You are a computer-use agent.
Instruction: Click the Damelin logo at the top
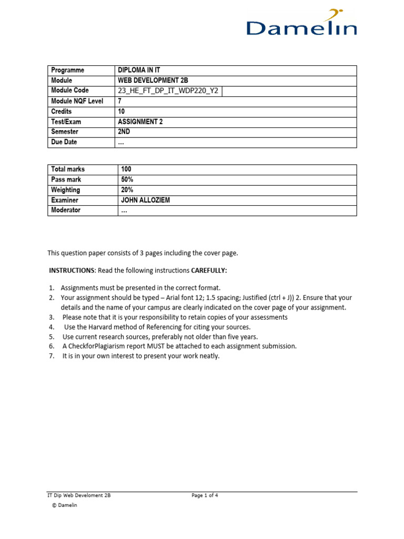coord(302,24)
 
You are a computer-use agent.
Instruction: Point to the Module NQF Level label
coord(77,101)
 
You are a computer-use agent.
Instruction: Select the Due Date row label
coord(65,143)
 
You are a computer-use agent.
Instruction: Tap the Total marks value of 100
coord(126,169)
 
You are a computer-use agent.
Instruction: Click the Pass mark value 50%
coord(127,179)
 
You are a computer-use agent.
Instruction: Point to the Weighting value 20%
coord(127,189)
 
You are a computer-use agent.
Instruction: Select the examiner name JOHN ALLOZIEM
coord(146,200)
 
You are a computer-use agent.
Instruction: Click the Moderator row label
coord(66,210)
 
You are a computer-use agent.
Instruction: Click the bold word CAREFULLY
coord(209,271)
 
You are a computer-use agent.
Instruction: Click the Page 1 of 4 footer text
coord(205,495)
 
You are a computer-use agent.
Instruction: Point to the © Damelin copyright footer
coord(64,506)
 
